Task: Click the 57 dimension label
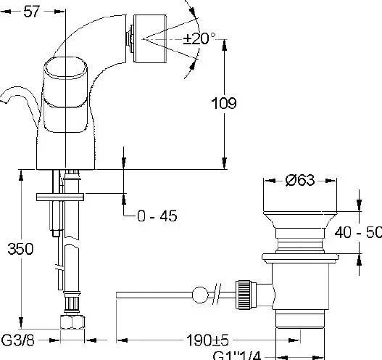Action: click(x=31, y=11)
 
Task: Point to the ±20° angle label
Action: click(x=199, y=38)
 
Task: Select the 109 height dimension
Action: click(x=224, y=103)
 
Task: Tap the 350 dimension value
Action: click(x=20, y=249)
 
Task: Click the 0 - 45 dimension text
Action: click(x=157, y=216)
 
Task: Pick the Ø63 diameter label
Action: click(x=300, y=180)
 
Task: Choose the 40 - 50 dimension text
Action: click(x=358, y=232)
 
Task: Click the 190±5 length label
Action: click(x=207, y=340)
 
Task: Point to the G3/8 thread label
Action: click(x=18, y=340)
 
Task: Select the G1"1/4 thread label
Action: click(x=237, y=356)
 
